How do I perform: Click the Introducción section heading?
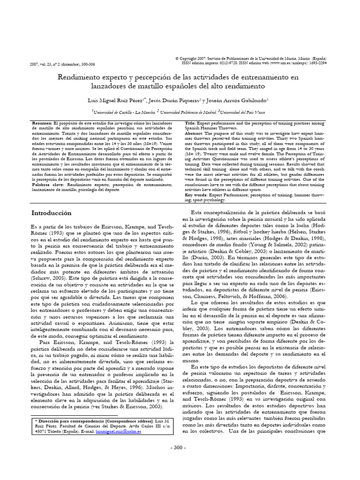click(51, 212)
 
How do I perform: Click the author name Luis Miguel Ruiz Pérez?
click(112, 100)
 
